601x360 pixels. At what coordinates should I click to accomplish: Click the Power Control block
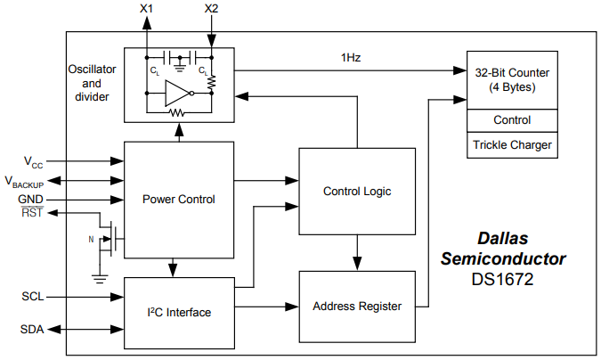(x=179, y=199)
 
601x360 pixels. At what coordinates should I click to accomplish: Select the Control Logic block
(x=356, y=191)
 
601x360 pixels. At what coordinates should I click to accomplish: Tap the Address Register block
(x=356, y=306)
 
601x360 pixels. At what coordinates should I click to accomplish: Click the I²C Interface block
(x=179, y=312)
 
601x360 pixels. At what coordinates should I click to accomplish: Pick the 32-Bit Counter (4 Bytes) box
(x=512, y=81)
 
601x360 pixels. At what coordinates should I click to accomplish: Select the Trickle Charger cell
(x=512, y=145)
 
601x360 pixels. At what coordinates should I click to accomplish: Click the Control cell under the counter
(x=512, y=120)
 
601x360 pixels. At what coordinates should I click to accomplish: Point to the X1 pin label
(x=146, y=9)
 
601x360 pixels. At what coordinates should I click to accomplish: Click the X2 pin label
(x=210, y=9)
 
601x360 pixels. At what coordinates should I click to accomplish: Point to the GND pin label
(x=30, y=198)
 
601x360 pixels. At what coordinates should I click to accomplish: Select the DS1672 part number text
(x=503, y=278)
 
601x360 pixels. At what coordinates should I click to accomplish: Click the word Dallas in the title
(x=503, y=240)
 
